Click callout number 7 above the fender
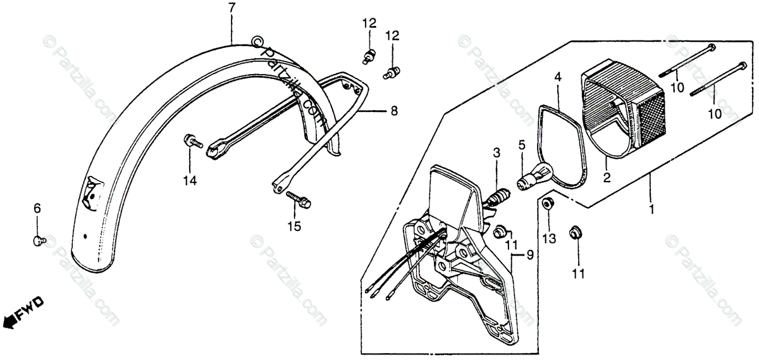231,9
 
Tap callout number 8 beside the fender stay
394,111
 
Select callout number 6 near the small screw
37,208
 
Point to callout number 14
190,181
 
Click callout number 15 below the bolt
293,226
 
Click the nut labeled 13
548,205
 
